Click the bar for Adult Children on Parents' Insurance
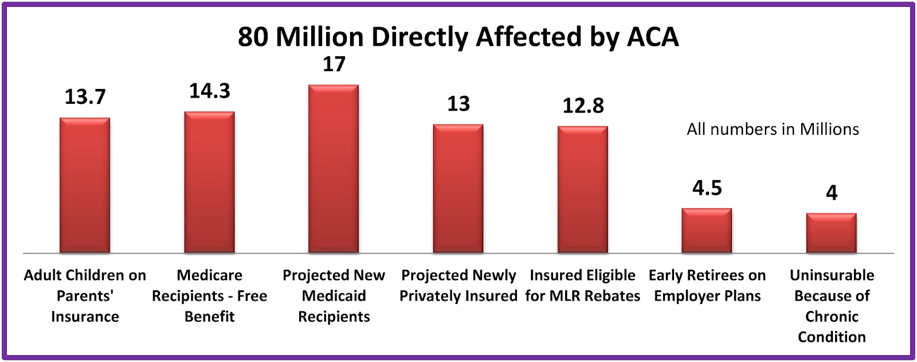85,185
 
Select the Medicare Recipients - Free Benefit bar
209,182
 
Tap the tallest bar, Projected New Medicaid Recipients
334,169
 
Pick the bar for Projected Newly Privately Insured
458,189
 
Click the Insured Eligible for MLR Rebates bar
583,190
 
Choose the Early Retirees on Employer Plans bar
707,231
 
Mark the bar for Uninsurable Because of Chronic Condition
831,233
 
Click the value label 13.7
85,97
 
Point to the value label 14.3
210,91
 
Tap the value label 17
334,64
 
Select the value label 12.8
583,106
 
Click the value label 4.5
707,188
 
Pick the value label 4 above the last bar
831,193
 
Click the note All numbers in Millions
773,129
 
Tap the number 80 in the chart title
253,37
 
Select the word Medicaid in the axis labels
334,296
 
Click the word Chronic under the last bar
831,317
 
